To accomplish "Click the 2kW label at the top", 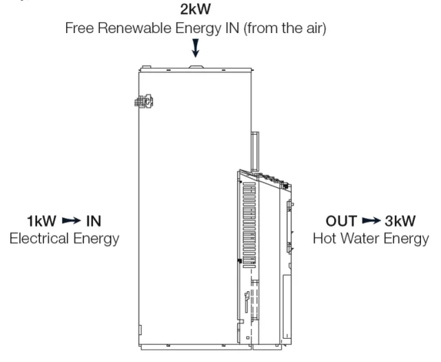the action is tap(195, 9).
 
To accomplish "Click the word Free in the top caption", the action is tap(80, 28).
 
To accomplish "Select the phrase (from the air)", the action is tap(285, 28).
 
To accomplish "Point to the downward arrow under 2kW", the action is tap(196, 48).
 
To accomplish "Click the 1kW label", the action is tap(41, 221).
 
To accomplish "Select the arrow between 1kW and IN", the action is tap(71, 220).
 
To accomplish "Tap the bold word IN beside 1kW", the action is tap(94, 221).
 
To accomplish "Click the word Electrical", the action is tap(39, 238).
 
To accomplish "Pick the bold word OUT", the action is tap(342, 221).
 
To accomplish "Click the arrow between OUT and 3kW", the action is tap(371, 221).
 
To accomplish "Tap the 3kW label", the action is tap(400, 221).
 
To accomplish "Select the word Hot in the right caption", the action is tap(325, 238).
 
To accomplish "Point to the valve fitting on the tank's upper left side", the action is tap(144, 101).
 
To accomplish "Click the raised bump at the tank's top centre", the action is tap(196, 67).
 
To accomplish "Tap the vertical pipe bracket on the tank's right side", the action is tap(255, 151).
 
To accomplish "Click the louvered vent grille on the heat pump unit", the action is tap(249, 225).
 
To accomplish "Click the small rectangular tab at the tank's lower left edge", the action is tap(141, 330).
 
